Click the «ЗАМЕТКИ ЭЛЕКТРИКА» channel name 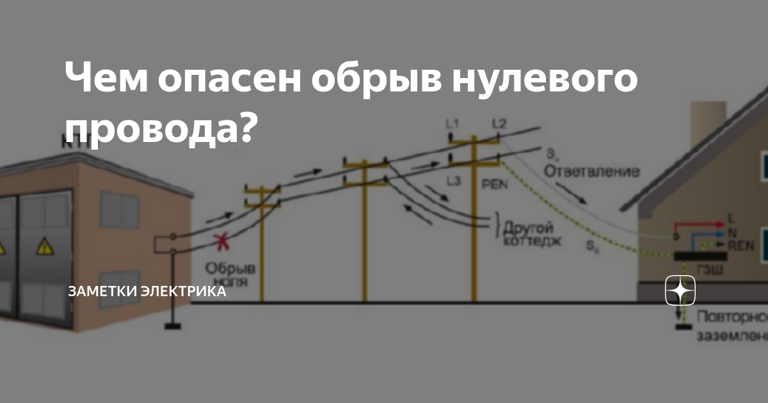[x=147, y=292]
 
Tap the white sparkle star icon [x=680, y=292]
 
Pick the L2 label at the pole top [x=499, y=123]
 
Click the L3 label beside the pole [x=453, y=181]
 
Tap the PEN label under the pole [x=493, y=182]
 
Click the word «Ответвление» [x=592, y=171]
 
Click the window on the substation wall [x=119, y=210]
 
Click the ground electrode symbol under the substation [x=172, y=327]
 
